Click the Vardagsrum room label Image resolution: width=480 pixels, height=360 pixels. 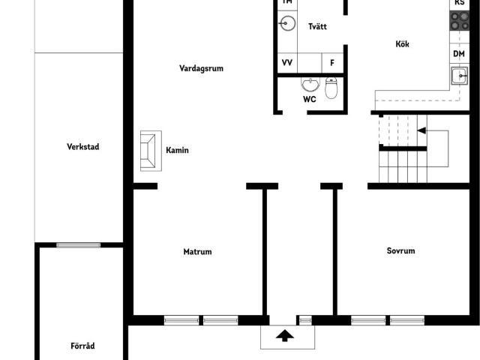pos(201,68)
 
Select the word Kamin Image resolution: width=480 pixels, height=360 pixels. pos(177,151)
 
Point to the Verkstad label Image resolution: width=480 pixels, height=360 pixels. pos(82,147)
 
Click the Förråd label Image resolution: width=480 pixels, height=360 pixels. pos(82,346)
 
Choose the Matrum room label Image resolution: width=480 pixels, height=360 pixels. pos(197,252)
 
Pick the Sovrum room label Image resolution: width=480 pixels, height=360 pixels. pos(400,251)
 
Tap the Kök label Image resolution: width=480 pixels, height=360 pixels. pos(403,44)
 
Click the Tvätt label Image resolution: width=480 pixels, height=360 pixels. pos(317,27)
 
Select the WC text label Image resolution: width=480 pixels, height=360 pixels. pos(310,99)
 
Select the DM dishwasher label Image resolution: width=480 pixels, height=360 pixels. pos(459,54)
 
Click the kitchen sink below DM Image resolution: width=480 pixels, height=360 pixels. pos(459,75)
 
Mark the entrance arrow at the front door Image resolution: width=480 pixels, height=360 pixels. pos(285,335)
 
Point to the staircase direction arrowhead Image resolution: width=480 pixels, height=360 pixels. pos(421,130)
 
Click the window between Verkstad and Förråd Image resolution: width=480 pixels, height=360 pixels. pos(79,244)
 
